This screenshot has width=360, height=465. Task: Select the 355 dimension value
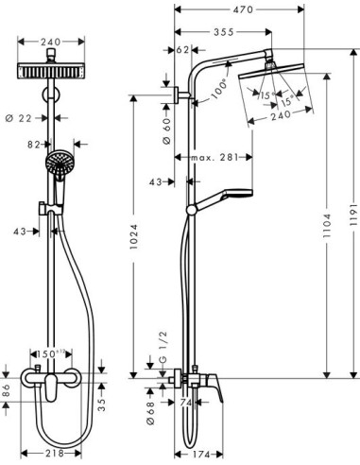[223, 32]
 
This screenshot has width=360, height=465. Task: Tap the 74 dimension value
[185, 401]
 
